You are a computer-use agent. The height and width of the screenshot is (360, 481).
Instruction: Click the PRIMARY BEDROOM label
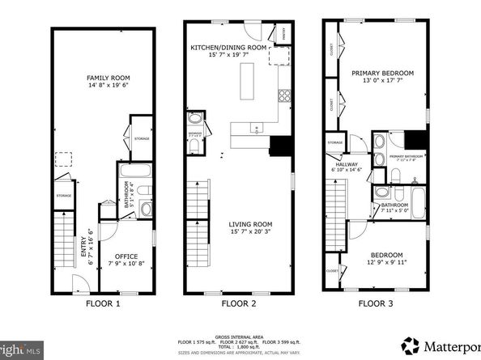pyautogui.click(x=382, y=73)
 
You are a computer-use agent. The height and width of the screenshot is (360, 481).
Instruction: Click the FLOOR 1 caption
pyautogui.click(x=103, y=304)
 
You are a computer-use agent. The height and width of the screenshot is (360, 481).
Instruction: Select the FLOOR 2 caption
pyautogui.click(x=240, y=304)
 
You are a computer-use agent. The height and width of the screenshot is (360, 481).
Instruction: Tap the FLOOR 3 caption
pyautogui.click(x=376, y=304)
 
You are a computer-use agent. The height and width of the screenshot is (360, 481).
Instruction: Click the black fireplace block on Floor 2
pyautogui.click(x=279, y=146)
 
